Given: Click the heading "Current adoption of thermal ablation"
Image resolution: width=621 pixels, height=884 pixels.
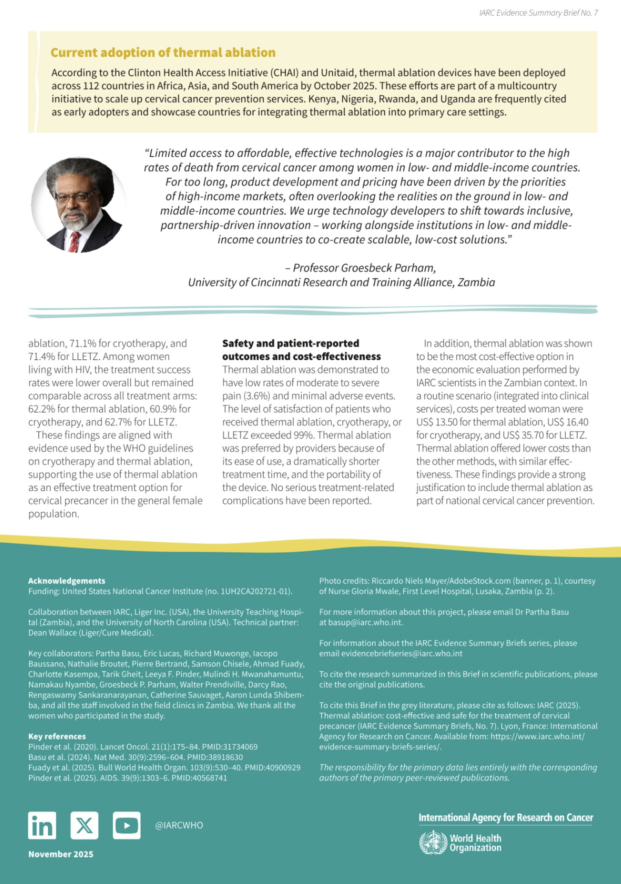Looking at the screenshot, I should [163, 52].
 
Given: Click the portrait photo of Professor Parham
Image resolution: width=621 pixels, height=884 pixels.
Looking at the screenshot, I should [79, 205].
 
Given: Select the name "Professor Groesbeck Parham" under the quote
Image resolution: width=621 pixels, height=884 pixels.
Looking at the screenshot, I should [364, 268].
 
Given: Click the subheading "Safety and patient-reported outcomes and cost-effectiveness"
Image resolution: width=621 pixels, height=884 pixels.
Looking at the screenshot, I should [301, 350].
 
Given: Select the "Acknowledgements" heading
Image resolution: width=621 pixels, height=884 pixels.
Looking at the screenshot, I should [66, 581].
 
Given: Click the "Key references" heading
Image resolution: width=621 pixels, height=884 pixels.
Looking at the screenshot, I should [57, 736].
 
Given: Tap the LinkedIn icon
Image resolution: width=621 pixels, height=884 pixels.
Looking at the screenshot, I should [42, 825].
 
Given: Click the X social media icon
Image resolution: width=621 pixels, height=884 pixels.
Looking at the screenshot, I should [84, 825].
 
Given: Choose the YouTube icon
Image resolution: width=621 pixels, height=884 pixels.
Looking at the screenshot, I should [126, 825].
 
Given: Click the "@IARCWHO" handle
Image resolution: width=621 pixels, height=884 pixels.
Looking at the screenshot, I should [179, 825].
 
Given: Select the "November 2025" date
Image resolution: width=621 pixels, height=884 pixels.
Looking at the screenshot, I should [61, 854].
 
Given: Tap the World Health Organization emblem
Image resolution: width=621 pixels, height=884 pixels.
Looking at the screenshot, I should [433, 842].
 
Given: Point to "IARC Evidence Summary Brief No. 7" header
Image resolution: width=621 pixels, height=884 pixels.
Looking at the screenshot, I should [538, 13].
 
